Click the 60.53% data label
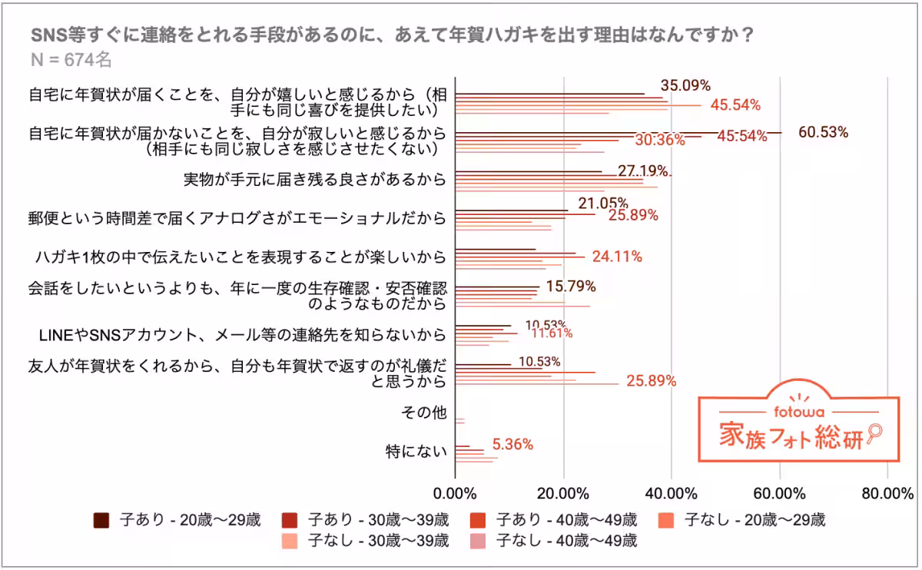point(824,132)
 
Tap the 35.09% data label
point(685,85)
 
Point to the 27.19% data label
point(643,170)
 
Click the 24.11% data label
point(617,257)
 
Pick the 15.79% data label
point(571,287)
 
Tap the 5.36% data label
point(512,444)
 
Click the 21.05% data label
point(603,203)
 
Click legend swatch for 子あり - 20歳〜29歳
point(101,520)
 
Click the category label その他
point(423,413)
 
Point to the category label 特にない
point(416,452)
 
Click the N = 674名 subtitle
point(71,60)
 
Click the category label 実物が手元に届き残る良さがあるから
point(314,180)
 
